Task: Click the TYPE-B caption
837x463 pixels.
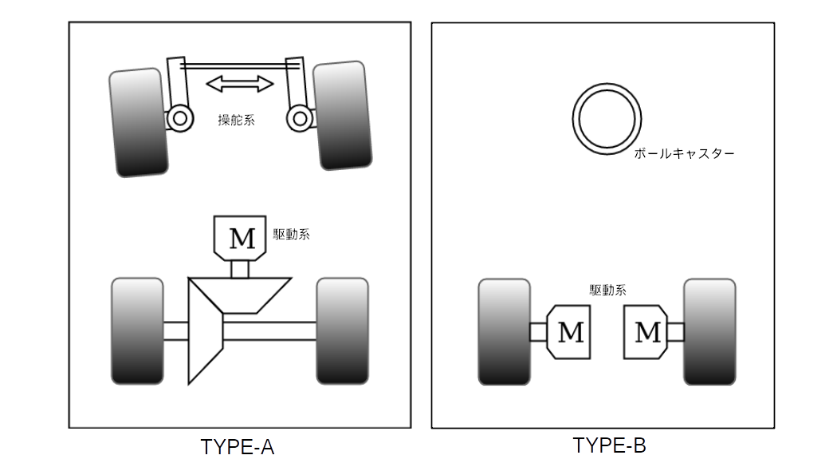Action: coord(609,445)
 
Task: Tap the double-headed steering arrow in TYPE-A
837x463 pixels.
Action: coord(240,83)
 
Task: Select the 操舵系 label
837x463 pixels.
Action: coord(237,121)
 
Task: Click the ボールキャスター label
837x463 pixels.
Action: coord(684,153)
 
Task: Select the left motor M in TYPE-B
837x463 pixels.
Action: coord(568,331)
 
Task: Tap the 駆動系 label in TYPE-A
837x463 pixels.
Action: coord(291,235)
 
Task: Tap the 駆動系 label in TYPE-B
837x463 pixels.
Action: coord(607,291)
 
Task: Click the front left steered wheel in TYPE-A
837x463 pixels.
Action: coord(139,122)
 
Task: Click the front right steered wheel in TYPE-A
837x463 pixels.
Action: coord(344,116)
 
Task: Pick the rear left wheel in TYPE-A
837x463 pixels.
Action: coord(138,330)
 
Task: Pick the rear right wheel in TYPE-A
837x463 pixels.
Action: coord(343,330)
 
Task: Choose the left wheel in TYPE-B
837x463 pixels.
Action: coord(504,331)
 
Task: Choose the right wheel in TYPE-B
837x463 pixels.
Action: coord(709,331)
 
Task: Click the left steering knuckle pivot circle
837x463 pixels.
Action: coord(179,119)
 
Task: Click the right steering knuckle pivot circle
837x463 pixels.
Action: coord(300,119)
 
